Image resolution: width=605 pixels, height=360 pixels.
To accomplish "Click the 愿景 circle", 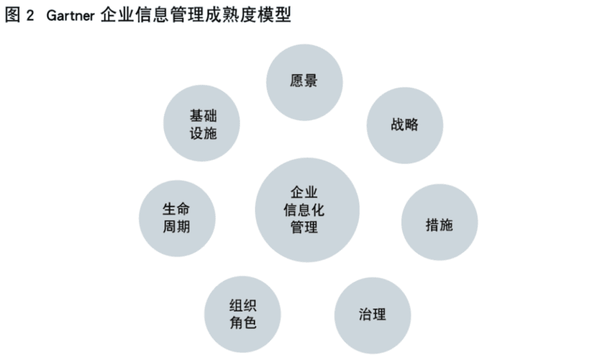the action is tap(304, 82).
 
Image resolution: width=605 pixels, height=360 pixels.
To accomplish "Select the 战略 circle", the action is tap(405, 125).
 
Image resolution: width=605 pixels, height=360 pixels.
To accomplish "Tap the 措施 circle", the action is tap(440, 222).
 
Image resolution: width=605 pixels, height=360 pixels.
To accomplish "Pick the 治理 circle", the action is tap(373, 315).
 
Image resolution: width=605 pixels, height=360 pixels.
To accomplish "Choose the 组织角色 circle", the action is tap(243, 314).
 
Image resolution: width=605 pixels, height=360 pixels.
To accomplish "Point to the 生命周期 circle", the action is tap(177, 218).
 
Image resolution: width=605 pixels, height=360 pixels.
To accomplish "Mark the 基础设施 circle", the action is tap(202, 123).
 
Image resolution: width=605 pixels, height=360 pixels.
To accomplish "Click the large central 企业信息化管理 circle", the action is tap(307, 210).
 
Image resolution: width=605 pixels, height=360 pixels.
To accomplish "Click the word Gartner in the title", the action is tap(71, 16).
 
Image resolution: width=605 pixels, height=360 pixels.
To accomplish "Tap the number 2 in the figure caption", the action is tap(30, 16).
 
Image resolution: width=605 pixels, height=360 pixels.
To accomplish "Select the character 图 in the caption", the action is tap(12, 16).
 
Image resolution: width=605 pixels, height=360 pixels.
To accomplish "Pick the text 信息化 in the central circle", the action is tap(304, 210).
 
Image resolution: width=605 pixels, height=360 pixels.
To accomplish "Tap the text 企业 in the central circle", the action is tap(304, 193).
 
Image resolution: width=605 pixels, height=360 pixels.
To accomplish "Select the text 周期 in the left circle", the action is tap(176, 227).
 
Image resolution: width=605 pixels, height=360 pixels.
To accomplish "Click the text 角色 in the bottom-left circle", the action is tap(243, 322).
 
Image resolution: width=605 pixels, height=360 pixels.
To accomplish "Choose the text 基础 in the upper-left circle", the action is tap(203, 116).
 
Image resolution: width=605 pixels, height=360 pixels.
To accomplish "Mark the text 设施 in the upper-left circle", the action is tap(203, 133).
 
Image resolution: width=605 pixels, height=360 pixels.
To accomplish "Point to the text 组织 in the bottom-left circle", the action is tap(243, 306).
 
